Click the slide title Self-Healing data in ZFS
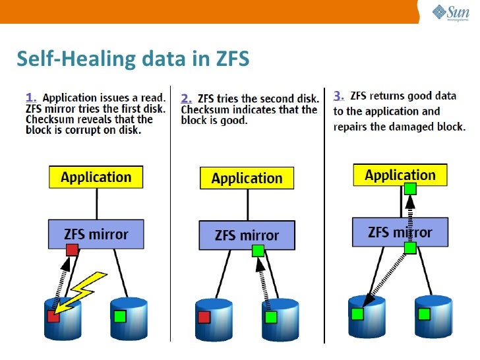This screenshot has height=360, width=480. (x=133, y=59)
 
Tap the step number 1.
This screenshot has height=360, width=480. (x=31, y=97)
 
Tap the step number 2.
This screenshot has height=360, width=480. (x=186, y=98)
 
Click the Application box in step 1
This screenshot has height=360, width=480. (x=96, y=177)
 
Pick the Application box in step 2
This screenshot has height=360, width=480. (x=247, y=179)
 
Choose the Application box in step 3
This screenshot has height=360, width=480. (x=400, y=175)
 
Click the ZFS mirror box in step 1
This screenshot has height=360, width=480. (x=96, y=234)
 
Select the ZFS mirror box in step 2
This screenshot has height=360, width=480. (x=247, y=235)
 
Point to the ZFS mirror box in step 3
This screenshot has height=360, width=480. (x=400, y=232)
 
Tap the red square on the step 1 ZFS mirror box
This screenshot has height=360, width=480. (x=73, y=250)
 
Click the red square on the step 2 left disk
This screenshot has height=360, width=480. (x=204, y=317)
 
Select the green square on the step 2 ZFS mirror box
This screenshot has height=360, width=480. (x=258, y=251)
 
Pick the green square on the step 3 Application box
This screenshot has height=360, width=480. (x=410, y=189)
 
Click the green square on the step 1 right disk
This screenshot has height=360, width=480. (x=119, y=316)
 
